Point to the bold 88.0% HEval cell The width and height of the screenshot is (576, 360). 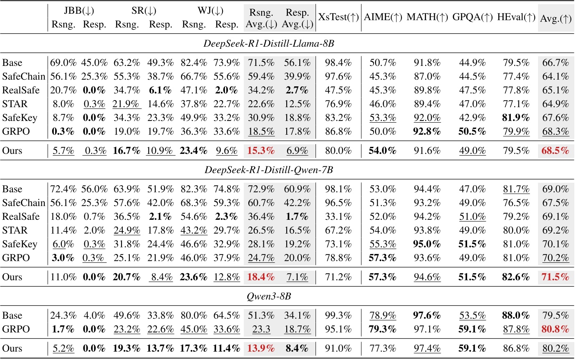tap(516, 315)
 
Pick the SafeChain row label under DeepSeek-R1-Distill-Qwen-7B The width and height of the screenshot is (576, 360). tap(23, 203)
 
